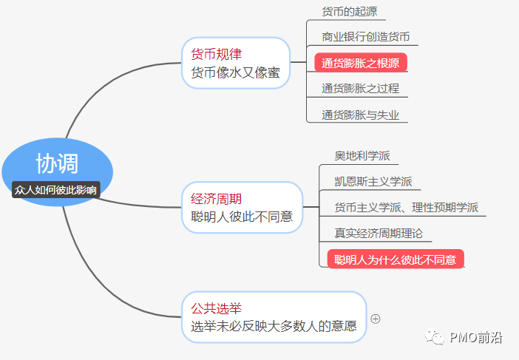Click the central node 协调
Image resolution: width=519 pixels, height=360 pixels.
coord(57,163)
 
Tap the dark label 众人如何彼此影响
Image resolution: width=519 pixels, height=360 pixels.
coord(56,190)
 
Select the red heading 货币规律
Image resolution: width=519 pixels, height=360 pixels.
coord(216,54)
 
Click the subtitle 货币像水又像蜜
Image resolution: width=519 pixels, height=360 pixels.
coord(235,72)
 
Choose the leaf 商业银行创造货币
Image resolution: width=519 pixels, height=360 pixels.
coord(365,36)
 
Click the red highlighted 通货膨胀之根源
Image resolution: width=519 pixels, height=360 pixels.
coord(361,63)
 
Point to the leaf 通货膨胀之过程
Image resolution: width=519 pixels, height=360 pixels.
coord(360,89)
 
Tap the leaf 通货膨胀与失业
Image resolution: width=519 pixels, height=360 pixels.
coord(360,115)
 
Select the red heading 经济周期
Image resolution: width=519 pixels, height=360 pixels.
coord(216,199)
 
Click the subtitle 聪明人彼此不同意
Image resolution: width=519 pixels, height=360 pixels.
coord(241,217)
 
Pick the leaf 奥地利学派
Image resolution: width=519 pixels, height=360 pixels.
coord(362,156)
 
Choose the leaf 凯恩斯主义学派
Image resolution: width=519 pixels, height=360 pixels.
coord(373,182)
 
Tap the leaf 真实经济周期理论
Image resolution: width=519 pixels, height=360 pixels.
coord(379,234)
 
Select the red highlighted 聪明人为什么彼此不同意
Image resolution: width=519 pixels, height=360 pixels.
coord(396,259)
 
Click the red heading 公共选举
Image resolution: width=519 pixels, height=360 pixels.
coord(216,308)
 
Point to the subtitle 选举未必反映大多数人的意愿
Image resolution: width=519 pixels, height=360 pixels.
coord(274,326)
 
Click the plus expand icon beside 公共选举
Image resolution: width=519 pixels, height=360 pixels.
coord(376,319)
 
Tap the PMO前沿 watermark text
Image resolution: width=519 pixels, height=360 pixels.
coord(475,338)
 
